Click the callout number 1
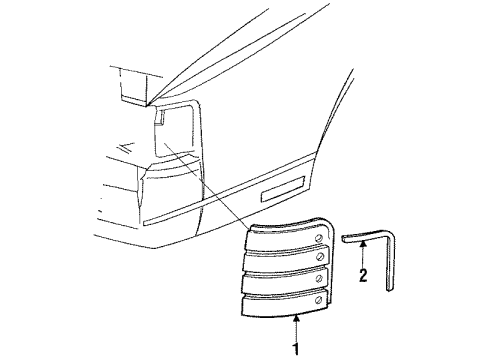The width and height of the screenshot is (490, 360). coord(296,349)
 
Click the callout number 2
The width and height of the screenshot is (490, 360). coord(363,276)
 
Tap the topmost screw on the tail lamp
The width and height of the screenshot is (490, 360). coord(319,238)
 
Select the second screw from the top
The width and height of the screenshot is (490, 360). coord(320,257)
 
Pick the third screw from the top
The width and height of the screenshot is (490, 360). coord(319,279)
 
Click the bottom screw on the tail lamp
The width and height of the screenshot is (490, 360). coord(319,300)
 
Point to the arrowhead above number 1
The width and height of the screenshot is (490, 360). coord(296,319)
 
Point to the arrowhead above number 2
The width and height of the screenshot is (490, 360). coord(363,244)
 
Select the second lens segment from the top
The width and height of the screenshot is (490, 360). coord(285,259)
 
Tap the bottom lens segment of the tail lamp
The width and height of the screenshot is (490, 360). coord(284,303)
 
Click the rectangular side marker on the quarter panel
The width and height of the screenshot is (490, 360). coord(283,189)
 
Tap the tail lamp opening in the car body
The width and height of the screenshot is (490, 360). coord(175,130)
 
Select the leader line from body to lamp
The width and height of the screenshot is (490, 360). coord(207,185)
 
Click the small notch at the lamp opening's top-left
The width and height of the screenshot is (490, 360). coord(160,117)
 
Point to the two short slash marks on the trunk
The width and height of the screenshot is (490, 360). coord(126,147)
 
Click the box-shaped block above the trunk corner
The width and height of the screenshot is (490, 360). coord(133,86)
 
